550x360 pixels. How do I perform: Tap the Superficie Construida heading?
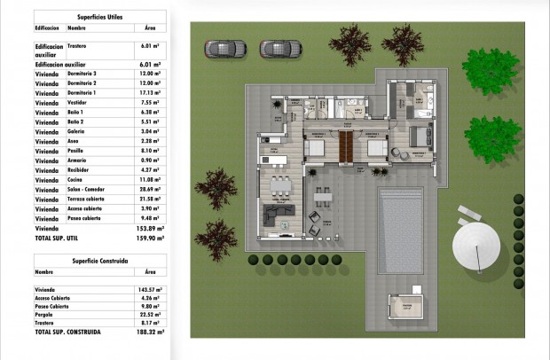coord(105,262)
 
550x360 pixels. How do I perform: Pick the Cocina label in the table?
coord(75,180)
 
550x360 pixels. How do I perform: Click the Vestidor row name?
coord(78,103)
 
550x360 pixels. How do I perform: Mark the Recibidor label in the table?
coord(80,170)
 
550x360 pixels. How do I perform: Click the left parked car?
coord(221,48)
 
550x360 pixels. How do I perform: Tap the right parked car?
coord(275,48)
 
